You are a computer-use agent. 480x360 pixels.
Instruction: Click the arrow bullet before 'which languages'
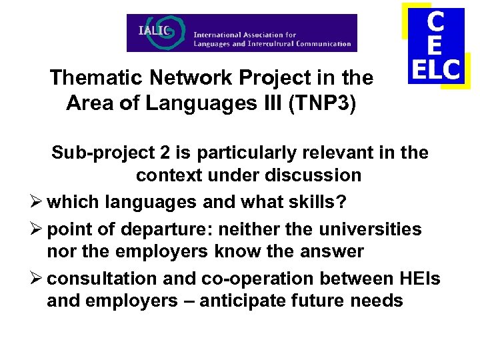(x=38, y=201)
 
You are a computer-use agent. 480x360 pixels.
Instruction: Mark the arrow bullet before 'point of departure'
(x=38, y=230)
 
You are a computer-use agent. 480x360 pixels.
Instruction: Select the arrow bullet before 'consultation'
(x=38, y=279)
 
